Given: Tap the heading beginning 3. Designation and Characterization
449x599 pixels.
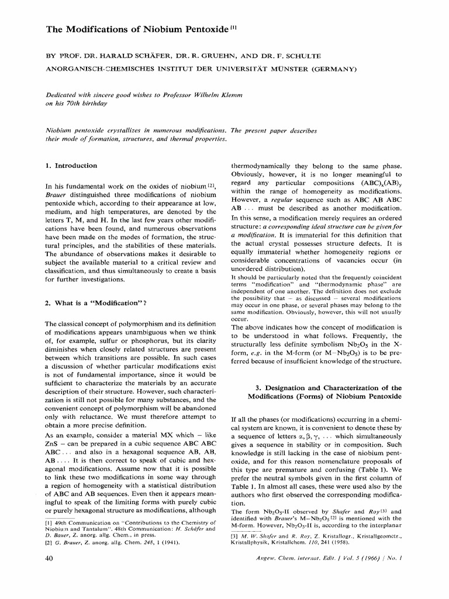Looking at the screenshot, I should (x=323, y=388).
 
